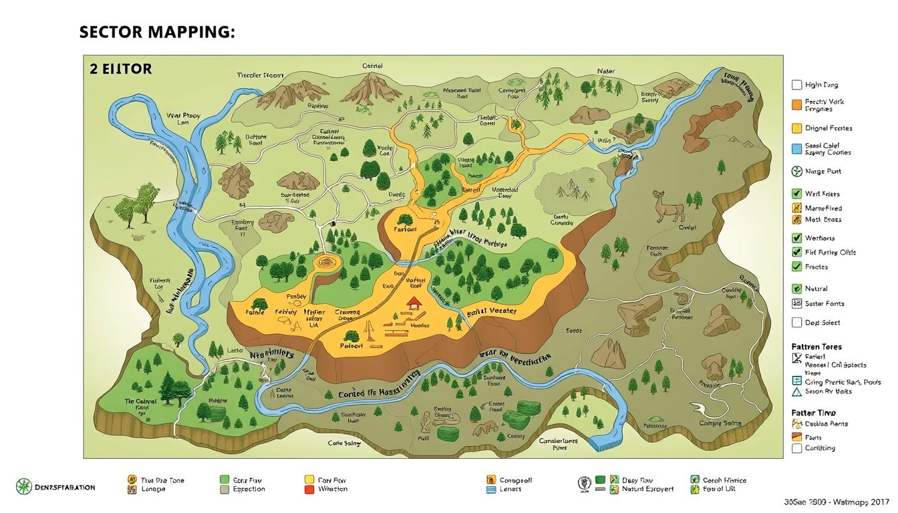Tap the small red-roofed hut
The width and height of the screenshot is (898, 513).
point(414,303)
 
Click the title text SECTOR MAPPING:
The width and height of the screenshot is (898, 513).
point(157,33)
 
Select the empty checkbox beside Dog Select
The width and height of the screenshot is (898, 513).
point(796,323)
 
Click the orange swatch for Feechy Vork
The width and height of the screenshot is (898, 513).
point(796,104)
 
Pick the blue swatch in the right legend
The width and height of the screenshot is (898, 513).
point(796,148)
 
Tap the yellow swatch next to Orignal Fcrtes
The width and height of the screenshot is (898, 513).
point(796,128)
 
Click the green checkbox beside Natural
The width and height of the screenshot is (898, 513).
point(796,289)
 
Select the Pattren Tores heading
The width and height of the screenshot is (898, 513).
point(816,347)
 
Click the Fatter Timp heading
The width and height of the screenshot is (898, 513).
point(813,413)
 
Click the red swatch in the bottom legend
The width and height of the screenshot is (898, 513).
point(309,490)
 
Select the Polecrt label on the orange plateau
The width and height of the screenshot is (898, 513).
point(351,346)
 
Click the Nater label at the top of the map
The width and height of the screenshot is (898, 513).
point(606,70)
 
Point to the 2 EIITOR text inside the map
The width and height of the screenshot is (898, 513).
point(120,69)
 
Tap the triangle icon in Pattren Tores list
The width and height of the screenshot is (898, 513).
point(796,392)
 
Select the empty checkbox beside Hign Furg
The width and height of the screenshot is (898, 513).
point(796,85)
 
